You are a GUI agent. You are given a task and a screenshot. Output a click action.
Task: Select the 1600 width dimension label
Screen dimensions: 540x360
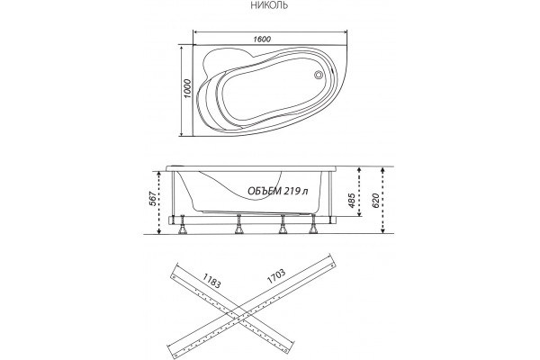point(262,40)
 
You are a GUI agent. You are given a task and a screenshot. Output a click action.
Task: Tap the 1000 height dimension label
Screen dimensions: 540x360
point(187,89)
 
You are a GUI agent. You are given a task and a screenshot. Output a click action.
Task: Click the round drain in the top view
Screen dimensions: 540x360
point(319,75)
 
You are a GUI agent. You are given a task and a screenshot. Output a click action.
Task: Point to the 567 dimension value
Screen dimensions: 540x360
point(153,199)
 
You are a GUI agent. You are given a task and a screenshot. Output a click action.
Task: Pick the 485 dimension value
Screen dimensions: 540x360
point(352,201)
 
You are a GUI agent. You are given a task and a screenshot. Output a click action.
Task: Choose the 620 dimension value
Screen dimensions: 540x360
point(375,201)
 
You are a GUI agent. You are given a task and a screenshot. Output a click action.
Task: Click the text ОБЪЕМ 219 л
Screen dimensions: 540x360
point(278,191)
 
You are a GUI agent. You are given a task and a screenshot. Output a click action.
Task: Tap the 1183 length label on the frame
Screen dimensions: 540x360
point(211,281)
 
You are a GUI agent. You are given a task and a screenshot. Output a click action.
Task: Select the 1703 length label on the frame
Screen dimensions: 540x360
point(275,276)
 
